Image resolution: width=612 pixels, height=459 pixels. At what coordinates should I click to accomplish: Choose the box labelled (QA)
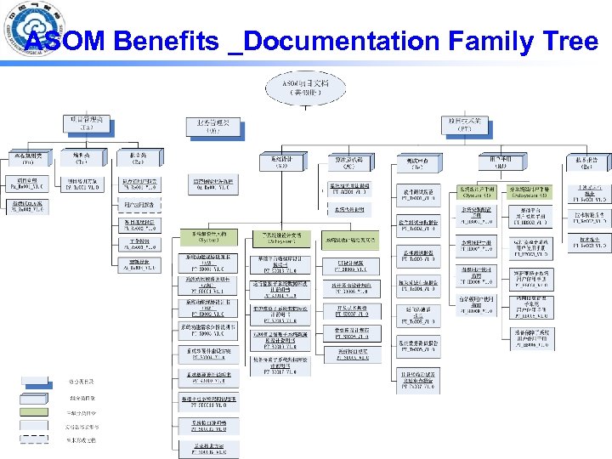click(x=212, y=127)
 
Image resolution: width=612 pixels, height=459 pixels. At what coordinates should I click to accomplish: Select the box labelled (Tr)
click(x=81, y=160)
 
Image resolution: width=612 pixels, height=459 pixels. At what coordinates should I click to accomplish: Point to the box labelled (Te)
click(x=416, y=161)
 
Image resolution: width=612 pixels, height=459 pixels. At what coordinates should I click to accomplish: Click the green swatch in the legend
click(x=33, y=412)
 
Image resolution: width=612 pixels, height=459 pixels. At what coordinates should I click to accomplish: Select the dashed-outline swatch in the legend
click(x=33, y=439)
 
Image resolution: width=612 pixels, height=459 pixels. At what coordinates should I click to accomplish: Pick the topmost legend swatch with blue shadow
click(x=33, y=382)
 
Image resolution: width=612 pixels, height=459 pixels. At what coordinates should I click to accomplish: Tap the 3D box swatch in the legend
click(x=33, y=397)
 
